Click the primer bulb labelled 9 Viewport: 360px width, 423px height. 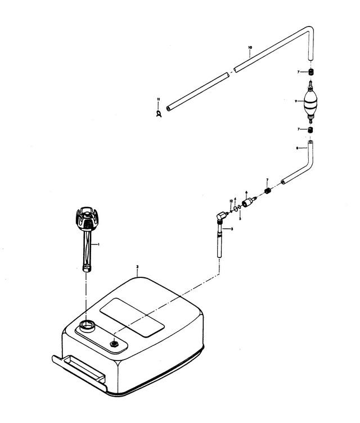[310, 102]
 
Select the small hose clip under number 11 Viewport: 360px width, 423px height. [159, 114]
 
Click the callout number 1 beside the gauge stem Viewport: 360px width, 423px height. [98, 244]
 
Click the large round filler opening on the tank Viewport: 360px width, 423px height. [88, 325]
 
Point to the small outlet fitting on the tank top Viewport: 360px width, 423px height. [114, 343]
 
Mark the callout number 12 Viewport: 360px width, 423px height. [231, 201]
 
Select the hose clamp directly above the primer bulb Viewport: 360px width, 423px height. [310, 72]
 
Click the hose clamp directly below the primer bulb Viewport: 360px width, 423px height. [310, 130]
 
